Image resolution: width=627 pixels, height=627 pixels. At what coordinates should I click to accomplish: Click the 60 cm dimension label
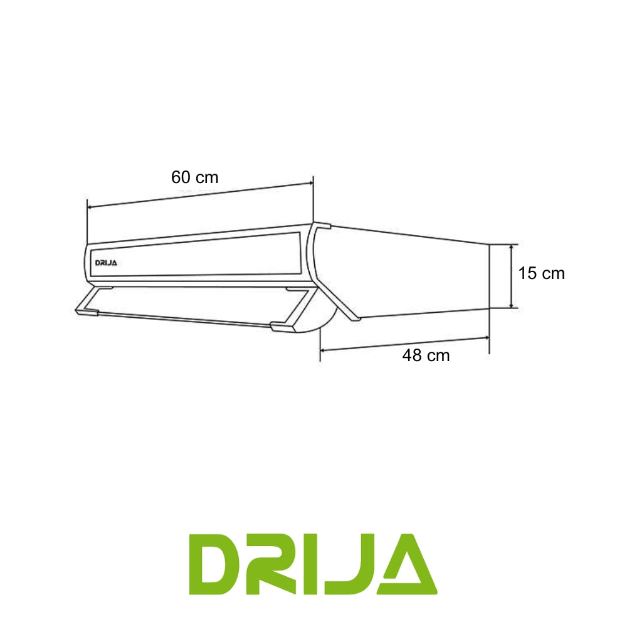pos(195,177)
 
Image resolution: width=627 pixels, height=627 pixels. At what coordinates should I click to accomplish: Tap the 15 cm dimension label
pos(542,273)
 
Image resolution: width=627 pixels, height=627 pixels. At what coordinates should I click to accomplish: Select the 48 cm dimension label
pos(426,356)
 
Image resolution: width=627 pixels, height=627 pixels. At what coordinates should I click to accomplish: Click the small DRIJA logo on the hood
pos(106,263)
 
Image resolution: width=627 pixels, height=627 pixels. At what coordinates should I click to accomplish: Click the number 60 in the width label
pos(181,177)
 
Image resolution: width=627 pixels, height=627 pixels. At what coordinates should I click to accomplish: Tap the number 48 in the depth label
pos(412,356)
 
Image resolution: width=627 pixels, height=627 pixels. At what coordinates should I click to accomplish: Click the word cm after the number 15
pos(553,273)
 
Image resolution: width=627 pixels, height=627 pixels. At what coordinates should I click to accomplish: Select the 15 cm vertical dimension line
pos(513,276)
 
